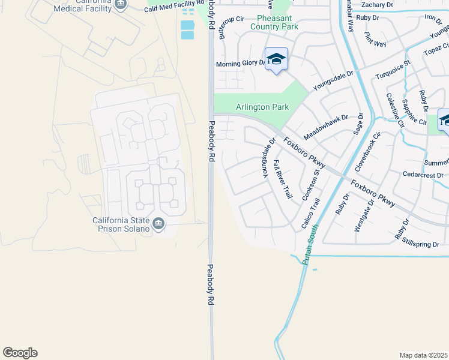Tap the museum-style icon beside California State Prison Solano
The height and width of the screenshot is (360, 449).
click(158, 224)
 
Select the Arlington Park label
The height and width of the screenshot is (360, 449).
click(262, 107)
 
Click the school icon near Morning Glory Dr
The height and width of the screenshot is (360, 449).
click(276, 59)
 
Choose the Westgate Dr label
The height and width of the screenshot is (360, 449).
click(361, 214)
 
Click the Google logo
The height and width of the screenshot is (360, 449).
click(20, 353)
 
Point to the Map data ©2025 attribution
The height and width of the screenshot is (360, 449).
click(423, 355)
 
